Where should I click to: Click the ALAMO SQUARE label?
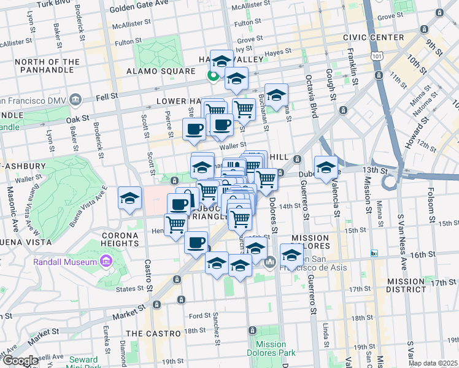(160, 71)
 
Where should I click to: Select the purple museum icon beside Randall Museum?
(106, 262)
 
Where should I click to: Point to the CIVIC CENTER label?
(379, 37)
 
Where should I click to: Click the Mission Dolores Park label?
(271, 348)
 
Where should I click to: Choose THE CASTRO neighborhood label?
(153, 333)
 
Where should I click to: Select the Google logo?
(20, 361)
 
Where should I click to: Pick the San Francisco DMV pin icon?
(76, 99)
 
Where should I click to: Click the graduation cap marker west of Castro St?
(129, 199)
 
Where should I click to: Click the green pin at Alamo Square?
(212, 76)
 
